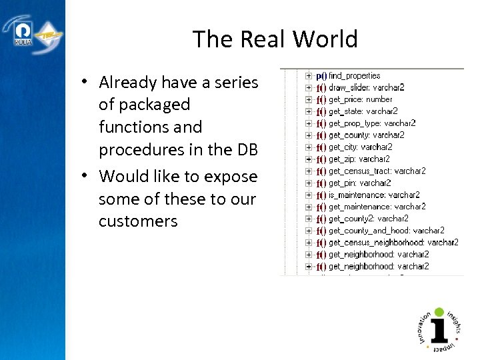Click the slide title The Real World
275,39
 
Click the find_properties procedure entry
354,76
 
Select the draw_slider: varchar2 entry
366,87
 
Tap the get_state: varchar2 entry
363,111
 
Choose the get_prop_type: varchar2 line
371,123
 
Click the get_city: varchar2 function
360,147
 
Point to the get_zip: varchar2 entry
359,159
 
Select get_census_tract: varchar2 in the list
377,171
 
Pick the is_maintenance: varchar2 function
373,195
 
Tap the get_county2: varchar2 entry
368,219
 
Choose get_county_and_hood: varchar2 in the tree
386,231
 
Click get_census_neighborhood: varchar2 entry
393,243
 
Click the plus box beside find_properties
308,76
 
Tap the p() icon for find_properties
321,76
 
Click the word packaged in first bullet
144,105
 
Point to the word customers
138,221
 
